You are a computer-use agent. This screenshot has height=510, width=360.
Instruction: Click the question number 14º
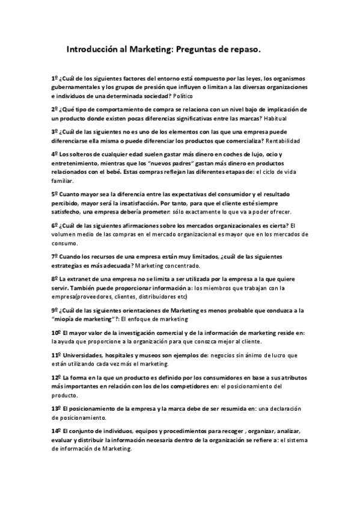(x=55, y=431)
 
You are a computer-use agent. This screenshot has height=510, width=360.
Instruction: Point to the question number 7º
(x=53, y=256)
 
